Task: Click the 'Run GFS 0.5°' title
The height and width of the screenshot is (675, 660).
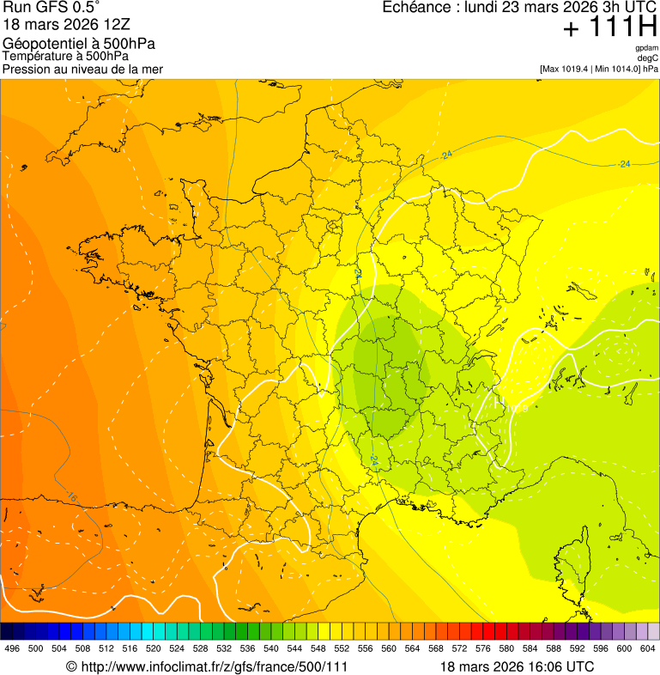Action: point(51,8)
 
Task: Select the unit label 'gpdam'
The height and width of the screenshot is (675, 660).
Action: point(646,48)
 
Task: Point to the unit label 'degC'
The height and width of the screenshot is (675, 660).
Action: point(648,58)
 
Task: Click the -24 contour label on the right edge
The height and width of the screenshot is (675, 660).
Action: point(625,163)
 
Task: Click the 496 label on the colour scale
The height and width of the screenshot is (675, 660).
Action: point(12,649)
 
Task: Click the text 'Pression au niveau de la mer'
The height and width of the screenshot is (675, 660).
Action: point(82,69)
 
